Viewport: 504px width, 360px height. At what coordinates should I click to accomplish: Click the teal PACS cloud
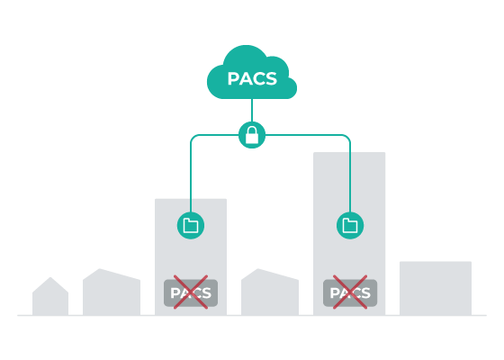pos(252,72)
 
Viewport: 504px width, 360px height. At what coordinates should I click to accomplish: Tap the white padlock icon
pos(252,135)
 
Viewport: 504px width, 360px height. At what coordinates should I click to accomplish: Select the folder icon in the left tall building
pos(191,225)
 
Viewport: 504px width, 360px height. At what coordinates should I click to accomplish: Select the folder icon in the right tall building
pos(350,225)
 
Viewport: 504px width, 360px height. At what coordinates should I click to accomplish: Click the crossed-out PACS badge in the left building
pos(191,292)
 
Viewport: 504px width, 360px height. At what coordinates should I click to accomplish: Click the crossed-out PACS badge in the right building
pos(350,292)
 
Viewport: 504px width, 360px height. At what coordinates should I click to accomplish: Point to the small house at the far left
pos(50,297)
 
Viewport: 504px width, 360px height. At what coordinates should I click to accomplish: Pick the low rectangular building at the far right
pos(436,288)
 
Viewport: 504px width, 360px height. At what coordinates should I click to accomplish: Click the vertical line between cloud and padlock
pos(252,110)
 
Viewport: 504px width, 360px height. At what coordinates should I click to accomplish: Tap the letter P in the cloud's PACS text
pos(233,79)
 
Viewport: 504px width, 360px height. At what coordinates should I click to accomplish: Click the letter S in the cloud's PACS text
pos(271,79)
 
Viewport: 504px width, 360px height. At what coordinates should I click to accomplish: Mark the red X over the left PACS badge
pos(191,292)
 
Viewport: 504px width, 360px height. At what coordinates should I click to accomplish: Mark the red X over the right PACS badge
pos(350,292)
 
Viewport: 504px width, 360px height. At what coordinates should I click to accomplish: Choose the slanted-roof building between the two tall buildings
pos(270,292)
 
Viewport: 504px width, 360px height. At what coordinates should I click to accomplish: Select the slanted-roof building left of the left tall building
pos(112,292)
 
